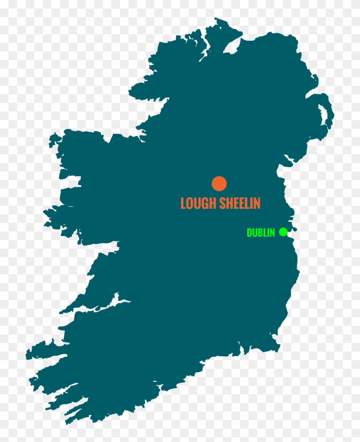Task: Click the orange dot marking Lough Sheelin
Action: [219, 183]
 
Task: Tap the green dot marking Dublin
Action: [283, 232]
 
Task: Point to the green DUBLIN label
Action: [261, 233]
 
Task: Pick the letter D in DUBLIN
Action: [249, 233]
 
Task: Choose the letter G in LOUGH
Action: [205, 203]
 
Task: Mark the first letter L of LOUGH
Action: [183, 203]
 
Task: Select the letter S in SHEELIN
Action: [222, 203]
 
